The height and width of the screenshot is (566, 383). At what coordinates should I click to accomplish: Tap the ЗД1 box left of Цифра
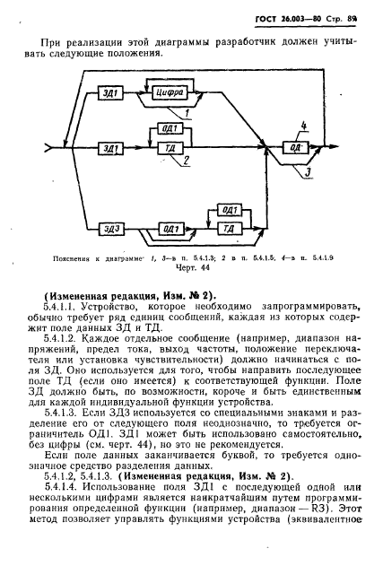(109, 93)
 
